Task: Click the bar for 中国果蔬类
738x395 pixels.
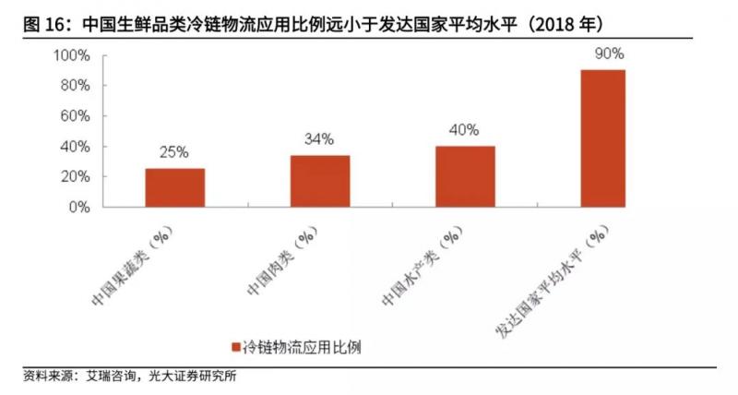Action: [175, 187]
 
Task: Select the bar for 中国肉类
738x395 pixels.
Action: [320, 181]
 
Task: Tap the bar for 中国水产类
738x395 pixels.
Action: [465, 176]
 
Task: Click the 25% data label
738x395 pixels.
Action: [175, 152]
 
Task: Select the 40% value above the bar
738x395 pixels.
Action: [465, 130]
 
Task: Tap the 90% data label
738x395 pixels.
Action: [610, 54]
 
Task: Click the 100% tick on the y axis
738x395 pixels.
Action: [71, 55]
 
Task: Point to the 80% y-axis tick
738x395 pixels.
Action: [75, 86]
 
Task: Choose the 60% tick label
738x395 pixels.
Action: [75, 116]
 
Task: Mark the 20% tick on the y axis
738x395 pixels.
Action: [75, 176]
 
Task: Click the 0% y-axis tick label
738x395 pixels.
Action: [78, 207]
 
